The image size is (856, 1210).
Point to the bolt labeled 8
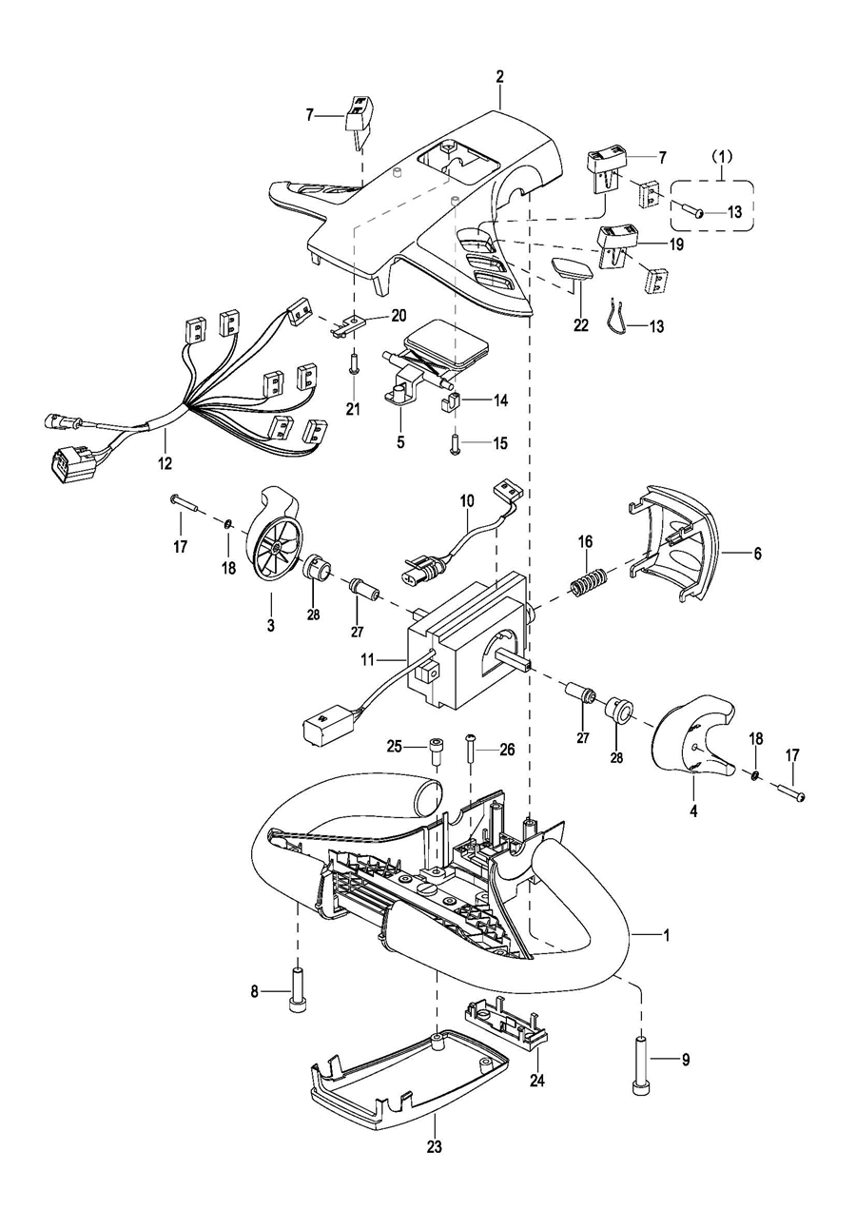pyautogui.click(x=297, y=989)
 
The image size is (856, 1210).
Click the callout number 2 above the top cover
pyautogui.click(x=499, y=76)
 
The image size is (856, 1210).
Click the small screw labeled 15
pyautogui.click(x=455, y=444)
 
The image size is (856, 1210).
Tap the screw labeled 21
pyautogui.click(x=354, y=363)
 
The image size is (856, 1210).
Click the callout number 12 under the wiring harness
pyautogui.click(x=165, y=463)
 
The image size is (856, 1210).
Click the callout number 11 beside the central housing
pyautogui.click(x=368, y=659)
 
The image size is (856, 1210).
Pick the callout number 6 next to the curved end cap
pyautogui.click(x=757, y=553)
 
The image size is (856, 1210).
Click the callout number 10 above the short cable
pyautogui.click(x=467, y=500)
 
